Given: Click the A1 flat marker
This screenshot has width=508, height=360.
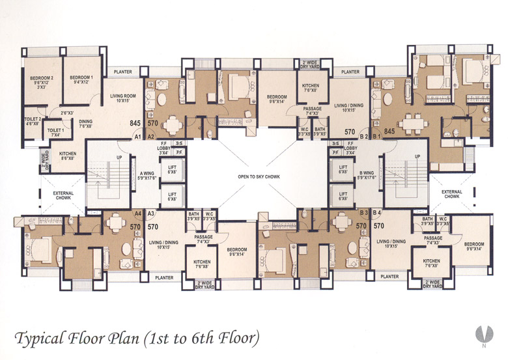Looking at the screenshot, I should pos(137,137).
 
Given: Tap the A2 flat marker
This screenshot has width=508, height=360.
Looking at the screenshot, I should pos(150,137).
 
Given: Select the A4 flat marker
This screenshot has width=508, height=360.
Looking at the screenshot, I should pos(137,213).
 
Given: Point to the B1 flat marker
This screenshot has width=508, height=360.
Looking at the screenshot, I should pos(377,137).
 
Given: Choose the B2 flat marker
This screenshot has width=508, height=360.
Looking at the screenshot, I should pos(364,137).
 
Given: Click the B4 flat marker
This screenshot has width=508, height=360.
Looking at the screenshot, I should pos(377,213).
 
